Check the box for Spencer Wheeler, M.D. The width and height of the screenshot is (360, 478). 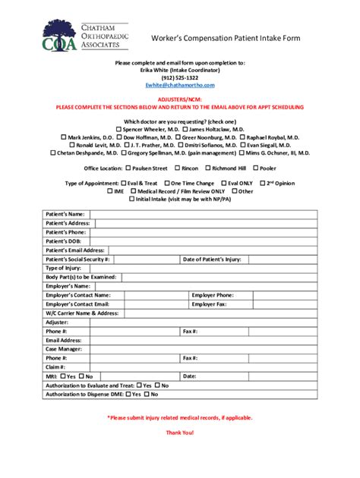118,130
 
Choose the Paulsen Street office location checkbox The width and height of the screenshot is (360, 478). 128,168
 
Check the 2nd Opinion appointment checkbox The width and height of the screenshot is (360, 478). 262,184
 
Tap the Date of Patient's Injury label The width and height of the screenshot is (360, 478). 212,259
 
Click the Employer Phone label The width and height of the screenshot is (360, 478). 212,295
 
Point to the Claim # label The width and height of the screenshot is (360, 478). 55,366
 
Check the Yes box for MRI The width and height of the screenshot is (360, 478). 63,376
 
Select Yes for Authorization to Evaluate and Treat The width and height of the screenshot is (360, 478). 138,385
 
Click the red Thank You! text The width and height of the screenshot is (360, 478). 180,432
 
